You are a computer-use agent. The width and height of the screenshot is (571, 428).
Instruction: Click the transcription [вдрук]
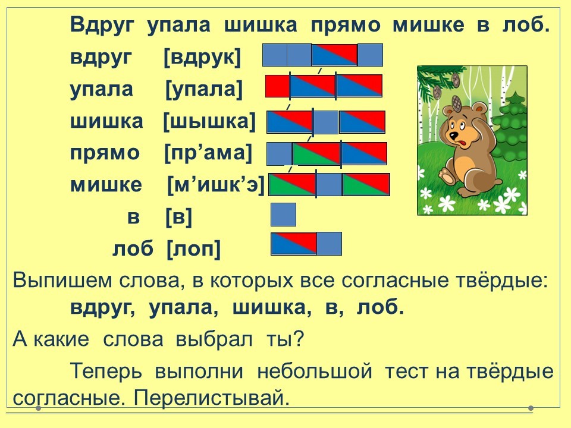coord(202,58)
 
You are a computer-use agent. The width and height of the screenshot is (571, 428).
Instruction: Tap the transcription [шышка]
coord(209,121)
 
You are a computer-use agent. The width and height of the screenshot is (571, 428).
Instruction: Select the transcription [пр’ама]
coord(208,153)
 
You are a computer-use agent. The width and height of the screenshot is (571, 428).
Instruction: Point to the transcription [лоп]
coord(194,249)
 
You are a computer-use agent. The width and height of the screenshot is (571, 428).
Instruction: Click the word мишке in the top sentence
coord(429,26)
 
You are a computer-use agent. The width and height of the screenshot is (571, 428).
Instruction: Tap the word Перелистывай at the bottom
coord(212,398)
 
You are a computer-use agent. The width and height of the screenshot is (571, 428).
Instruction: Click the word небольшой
coord(315,371)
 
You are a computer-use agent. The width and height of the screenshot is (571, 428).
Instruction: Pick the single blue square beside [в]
coord(283,215)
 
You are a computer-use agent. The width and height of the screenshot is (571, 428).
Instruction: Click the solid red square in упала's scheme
coord(278,86)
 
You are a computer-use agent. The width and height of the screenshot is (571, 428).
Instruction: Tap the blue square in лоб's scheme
coord(329,244)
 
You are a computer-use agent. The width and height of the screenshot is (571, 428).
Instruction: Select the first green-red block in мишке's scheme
coord(292,184)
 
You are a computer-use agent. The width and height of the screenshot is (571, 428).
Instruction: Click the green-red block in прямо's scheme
coord(316,153)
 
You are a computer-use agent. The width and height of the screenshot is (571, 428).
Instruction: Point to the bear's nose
coord(453,136)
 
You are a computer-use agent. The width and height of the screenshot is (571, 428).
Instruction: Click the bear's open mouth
coord(463,143)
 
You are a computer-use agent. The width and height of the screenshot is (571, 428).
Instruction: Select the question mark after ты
coord(298,339)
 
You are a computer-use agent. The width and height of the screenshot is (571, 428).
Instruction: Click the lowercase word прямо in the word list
coord(105,153)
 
